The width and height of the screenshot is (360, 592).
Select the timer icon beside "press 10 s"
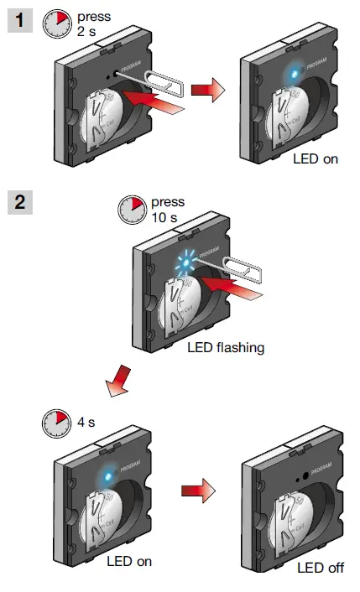[x=133, y=210]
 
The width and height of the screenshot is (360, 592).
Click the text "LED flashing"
[x=225, y=346]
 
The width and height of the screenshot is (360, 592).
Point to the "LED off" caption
[x=321, y=568]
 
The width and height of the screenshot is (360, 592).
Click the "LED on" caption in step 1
[x=316, y=158]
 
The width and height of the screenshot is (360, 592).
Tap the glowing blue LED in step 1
[x=290, y=74]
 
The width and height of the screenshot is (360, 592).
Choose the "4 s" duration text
[x=86, y=422]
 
